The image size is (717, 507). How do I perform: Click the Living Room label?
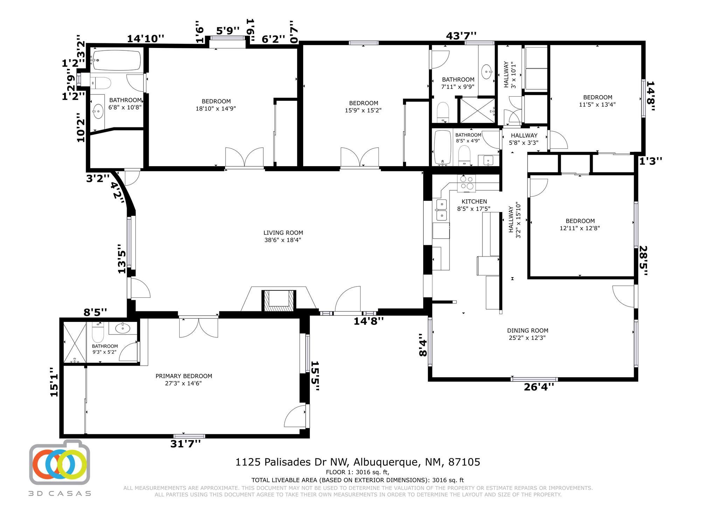click(x=283, y=233)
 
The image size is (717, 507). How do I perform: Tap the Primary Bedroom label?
click(x=184, y=376)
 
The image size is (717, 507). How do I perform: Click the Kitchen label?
click(x=474, y=202)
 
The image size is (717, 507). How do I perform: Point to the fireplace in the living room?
click(x=279, y=300)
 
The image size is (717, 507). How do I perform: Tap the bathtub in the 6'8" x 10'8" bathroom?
click(x=116, y=60)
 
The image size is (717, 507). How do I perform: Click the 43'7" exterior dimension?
click(x=461, y=36)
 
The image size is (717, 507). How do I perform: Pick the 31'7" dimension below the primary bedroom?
click(x=186, y=444)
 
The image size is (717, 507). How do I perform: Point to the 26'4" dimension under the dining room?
click(x=539, y=387)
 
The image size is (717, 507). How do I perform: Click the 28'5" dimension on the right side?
click(x=643, y=261)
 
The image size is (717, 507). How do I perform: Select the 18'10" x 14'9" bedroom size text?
click(x=216, y=108)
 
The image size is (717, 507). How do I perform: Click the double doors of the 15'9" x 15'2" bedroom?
click(x=360, y=158)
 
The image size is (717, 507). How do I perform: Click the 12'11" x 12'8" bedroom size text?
click(x=580, y=228)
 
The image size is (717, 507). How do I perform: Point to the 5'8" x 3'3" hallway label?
click(x=524, y=139)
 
